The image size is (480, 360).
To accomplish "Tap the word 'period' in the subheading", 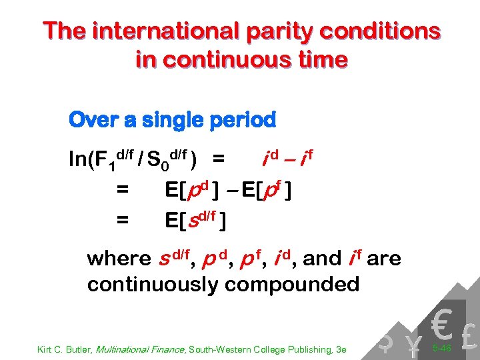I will (x=243, y=121).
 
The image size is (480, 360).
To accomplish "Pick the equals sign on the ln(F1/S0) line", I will (x=219, y=159).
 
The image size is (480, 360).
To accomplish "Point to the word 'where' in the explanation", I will (x=119, y=258).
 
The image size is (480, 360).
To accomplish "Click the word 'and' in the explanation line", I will (x=321, y=258).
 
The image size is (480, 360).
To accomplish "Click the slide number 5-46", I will (x=442, y=347).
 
